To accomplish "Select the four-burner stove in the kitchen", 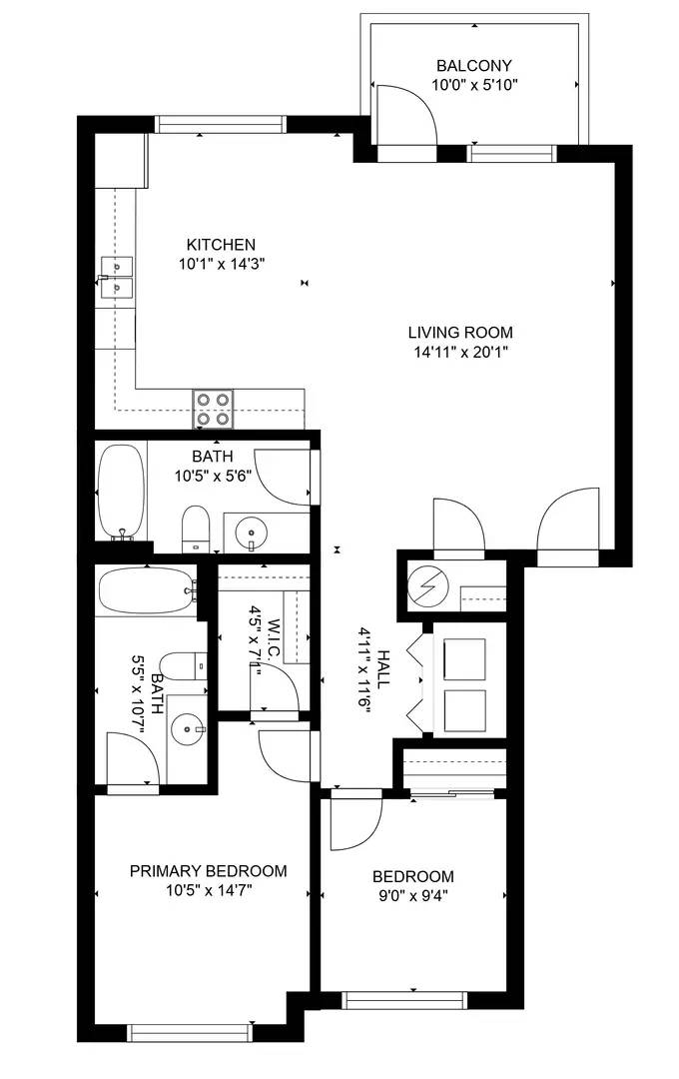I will pyautogui.click(x=213, y=408).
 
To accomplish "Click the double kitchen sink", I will pyautogui.click(x=119, y=277).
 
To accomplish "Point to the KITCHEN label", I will pyautogui.click(x=222, y=245).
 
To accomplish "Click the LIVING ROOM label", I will pyautogui.click(x=460, y=333).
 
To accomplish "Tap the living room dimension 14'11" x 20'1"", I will pyautogui.click(x=460, y=352).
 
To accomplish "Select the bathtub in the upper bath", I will pyautogui.click(x=121, y=492).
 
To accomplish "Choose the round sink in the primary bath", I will pyautogui.click(x=187, y=730).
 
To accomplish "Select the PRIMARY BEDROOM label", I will pyautogui.click(x=209, y=871).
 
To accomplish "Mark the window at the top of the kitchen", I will pyautogui.click(x=221, y=125).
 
